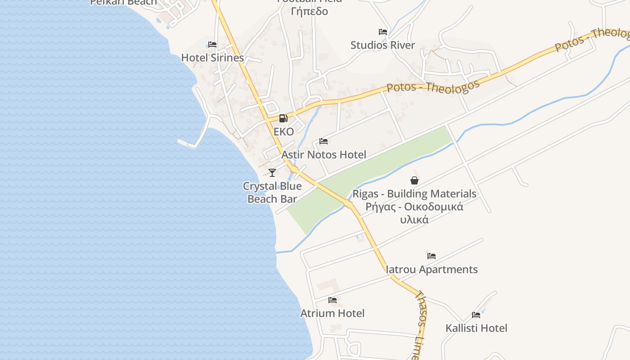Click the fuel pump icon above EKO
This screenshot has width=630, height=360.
pos(283,119)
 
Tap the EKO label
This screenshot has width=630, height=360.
pos(283,132)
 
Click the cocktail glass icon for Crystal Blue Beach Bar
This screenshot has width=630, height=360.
pos(272,172)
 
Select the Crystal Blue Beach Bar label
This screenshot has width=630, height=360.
pos(272,193)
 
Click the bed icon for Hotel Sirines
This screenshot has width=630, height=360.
pos(212,45)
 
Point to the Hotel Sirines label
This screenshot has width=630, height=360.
pos(212,58)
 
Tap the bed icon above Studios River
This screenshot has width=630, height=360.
pos(383,32)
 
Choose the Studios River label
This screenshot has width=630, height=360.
pos(383,45)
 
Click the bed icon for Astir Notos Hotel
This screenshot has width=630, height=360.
pos(324,141)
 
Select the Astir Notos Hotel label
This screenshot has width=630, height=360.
pos(324,155)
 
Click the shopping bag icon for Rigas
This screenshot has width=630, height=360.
pos(414,180)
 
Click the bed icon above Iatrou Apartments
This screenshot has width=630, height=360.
pos(432,256)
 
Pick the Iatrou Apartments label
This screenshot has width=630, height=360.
pos(432,270)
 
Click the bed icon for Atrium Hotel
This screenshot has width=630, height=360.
pos(333,300)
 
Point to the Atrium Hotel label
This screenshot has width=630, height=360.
pos(333,313)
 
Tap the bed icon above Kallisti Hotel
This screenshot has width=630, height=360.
pos(476,315)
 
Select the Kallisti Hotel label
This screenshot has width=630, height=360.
pos(476,328)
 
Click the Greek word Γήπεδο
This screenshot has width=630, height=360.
pos(310,11)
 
